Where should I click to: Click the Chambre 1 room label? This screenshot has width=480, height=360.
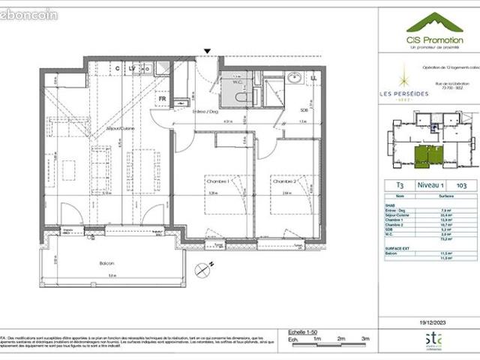(x=217, y=181)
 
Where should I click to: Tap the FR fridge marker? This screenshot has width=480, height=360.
(x=161, y=97)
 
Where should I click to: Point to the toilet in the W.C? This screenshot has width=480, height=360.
(x=241, y=96)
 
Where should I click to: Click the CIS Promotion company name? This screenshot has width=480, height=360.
(x=424, y=40)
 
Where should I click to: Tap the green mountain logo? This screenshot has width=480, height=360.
(x=424, y=22)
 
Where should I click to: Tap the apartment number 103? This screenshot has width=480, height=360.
(x=462, y=183)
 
